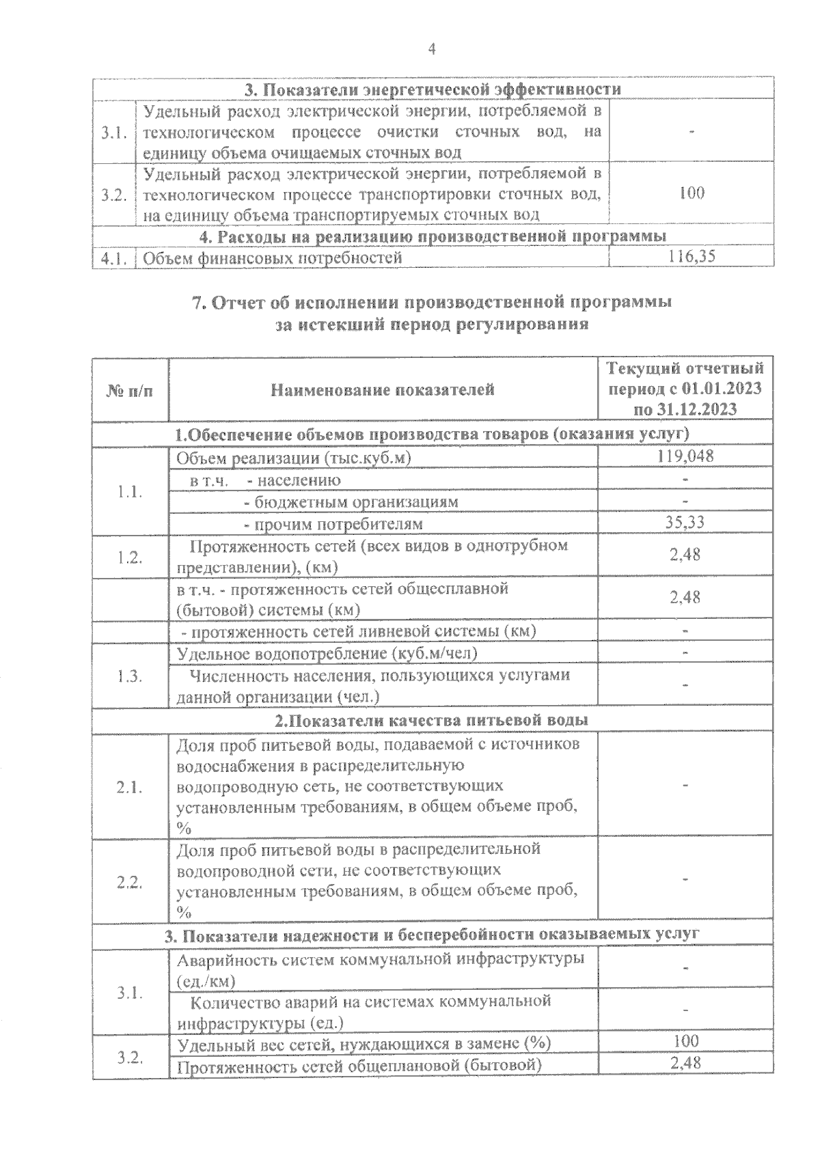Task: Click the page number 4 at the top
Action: (431, 49)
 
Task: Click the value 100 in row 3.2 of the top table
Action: (692, 193)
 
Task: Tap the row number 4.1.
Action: (113, 258)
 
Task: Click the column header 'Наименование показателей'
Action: (383, 390)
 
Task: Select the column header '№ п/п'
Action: (130, 391)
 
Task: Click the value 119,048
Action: (685, 456)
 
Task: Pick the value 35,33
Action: (685, 523)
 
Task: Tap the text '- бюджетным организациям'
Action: (351, 501)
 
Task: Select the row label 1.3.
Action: (129, 676)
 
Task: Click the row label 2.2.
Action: (129, 882)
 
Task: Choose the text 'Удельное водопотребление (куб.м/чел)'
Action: (327, 653)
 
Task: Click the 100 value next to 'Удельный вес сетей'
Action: (685, 1040)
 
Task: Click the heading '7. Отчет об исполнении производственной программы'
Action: (432, 303)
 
